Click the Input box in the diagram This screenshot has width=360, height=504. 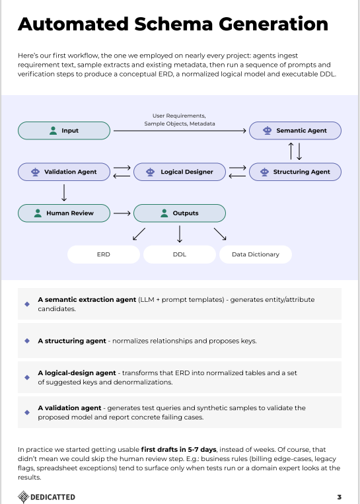point(63,131)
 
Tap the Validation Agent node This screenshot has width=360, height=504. point(63,172)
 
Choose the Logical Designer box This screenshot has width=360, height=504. point(180,172)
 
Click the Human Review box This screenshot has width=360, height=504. point(63,213)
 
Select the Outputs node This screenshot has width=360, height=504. point(180,213)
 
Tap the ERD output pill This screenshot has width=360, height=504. point(103,254)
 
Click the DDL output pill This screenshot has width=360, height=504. point(180,254)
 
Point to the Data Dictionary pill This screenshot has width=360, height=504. point(255,254)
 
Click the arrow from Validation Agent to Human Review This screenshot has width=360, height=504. point(64,192)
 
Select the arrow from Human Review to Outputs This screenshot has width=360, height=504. point(122,213)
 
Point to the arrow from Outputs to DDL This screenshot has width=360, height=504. point(180,234)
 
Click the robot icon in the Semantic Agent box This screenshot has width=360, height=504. point(267,131)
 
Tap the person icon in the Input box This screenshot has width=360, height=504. point(53,131)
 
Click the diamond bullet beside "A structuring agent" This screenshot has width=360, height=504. point(26,341)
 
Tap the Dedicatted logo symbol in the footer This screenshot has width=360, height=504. point(23,497)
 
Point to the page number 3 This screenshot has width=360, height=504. point(339,497)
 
